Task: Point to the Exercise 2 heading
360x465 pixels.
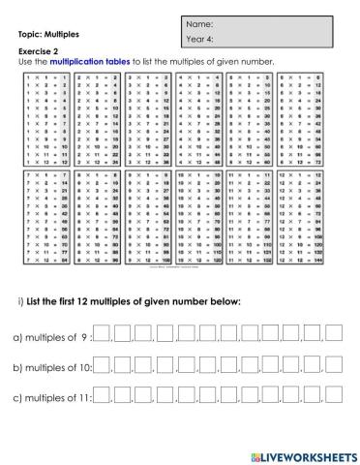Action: [39, 52]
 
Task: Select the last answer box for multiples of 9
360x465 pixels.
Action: [335, 335]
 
